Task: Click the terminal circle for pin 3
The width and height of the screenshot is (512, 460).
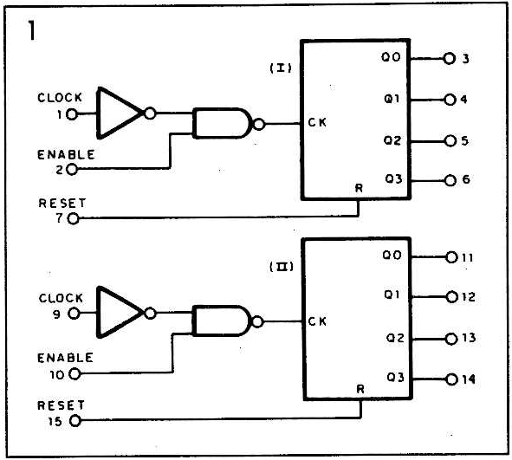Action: [449, 59]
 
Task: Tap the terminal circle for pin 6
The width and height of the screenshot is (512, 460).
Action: [450, 180]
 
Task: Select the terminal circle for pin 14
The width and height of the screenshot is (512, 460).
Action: [451, 379]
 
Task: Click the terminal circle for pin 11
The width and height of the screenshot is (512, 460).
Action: [451, 257]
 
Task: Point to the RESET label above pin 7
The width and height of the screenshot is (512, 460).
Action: [62, 203]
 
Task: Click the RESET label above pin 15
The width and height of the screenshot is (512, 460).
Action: [61, 405]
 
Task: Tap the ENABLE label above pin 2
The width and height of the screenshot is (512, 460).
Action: [66, 154]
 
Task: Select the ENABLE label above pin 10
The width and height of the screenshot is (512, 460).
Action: [65, 358]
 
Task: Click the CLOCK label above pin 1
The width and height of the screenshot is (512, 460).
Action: [60, 98]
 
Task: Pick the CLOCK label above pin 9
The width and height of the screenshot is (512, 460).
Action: [61, 298]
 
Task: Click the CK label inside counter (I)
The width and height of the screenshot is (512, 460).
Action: [317, 122]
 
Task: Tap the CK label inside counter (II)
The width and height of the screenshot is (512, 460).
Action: [317, 321]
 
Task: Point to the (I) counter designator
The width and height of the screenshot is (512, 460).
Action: [281, 68]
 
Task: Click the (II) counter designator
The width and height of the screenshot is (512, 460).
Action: [282, 267]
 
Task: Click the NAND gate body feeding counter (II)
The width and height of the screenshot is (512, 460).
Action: [223, 321]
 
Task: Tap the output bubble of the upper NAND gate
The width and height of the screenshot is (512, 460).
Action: [259, 124]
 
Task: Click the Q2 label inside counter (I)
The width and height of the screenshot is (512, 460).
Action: [392, 140]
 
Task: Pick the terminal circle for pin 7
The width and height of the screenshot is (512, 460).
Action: [73, 218]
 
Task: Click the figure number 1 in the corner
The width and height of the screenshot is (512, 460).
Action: [32, 30]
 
